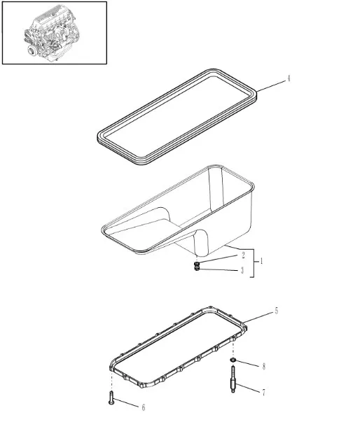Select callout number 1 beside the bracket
click(x=261, y=262)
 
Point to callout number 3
click(x=242, y=270)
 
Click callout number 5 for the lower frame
click(x=276, y=311)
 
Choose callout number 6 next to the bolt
click(x=144, y=407)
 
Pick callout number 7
click(x=263, y=393)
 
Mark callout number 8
click(x=263, y=366)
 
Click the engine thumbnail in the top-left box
click(x=54, y=33)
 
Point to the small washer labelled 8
click(x=232, y=360)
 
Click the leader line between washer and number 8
click(x=247, y=363)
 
